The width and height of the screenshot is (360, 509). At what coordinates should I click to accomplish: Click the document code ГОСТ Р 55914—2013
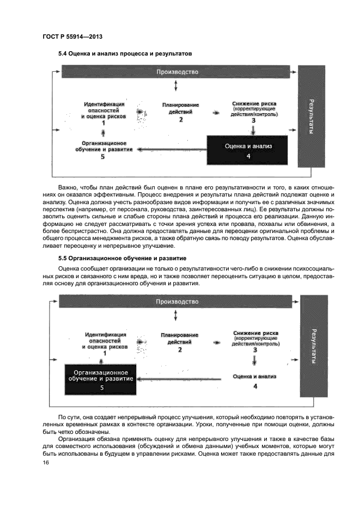tap(72, 36)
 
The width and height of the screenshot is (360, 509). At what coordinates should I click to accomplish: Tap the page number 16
tap(45, 463)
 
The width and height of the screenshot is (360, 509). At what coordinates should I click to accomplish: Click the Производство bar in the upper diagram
tap(177, 72)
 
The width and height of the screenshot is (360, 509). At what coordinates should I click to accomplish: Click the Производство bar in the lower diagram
tap(177, 302)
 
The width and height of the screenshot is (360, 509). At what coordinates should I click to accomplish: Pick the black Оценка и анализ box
tap(248, 150)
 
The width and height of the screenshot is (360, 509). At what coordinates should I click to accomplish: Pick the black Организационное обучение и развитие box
tap(101, 379)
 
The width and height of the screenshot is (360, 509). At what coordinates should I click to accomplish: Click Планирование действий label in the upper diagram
tap(180, 108)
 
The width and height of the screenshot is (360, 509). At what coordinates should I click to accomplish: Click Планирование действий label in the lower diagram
tap(180, 338)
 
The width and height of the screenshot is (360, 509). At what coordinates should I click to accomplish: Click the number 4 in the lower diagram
tap(255, 386)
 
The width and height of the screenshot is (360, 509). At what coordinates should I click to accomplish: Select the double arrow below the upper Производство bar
tap(175, 86)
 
